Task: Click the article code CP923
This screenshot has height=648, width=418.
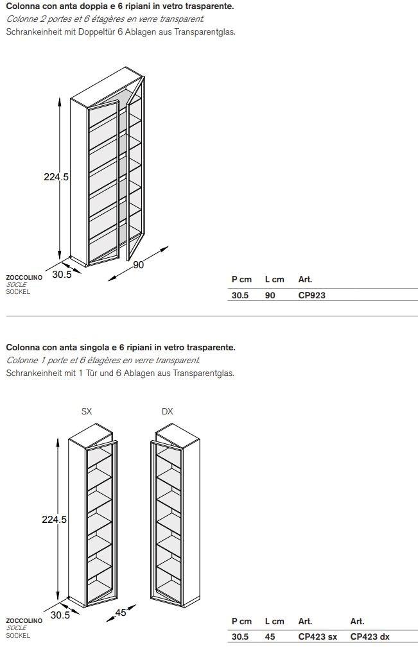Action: [x=312, y=296]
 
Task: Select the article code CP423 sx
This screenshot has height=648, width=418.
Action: [x=317, y=637]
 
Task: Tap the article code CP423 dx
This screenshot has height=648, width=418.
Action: [x=370, y=637]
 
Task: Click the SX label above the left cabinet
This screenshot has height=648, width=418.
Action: [x=87, y=411]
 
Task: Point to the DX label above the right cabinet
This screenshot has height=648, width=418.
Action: [x=168, y=411]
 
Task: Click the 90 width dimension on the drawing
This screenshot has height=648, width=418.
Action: [x=138, y=265]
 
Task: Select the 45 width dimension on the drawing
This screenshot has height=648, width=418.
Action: [x=121, y=613]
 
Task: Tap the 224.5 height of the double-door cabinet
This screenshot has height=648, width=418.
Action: [x=56, y=177]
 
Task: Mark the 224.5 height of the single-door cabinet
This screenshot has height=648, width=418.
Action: [x=55, y=520]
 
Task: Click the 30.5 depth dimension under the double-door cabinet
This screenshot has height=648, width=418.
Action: [x=62, y=274]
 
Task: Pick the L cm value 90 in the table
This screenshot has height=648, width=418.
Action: [x=270, y=296]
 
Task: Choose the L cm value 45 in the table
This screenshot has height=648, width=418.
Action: [x=270, y=637]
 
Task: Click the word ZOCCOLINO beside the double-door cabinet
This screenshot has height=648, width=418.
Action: [x=24, y=278]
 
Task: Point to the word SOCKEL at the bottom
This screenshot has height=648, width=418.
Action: [x=18, y=635]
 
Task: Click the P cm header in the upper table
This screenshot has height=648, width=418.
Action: [x=241, y=280]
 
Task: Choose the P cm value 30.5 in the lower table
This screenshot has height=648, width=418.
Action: [x=240, y=637]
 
